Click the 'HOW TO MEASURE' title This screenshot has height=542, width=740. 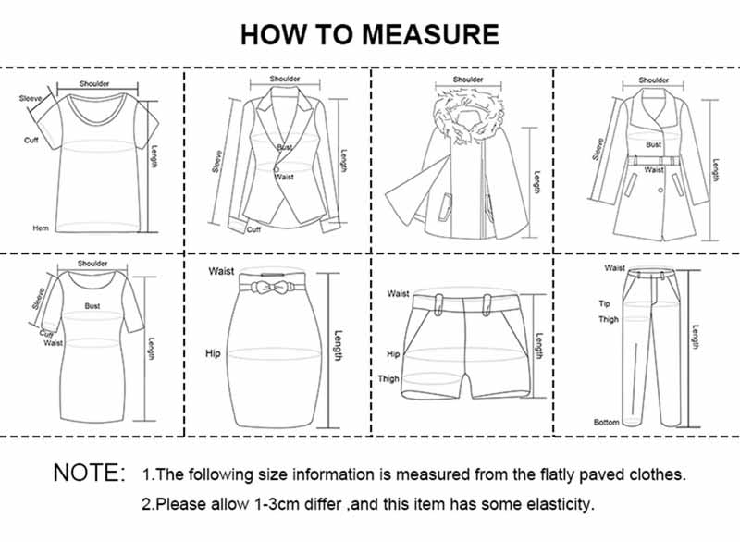pos(369,34)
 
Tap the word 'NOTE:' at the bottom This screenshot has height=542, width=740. pos(89,474)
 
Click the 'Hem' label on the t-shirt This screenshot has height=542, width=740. pos(41,228)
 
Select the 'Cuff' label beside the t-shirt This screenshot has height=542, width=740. pos(31,140)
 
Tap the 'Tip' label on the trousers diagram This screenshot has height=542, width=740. pos(606,302)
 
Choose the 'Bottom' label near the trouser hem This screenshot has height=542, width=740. pos(606,422)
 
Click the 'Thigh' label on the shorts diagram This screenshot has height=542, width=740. pos(388,379)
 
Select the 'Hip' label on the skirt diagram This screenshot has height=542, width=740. pos(213,353)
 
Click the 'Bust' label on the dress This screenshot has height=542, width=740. pos(92,304)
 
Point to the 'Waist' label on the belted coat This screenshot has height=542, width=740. pos(654,170)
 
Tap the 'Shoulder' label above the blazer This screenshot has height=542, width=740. pos(285,80)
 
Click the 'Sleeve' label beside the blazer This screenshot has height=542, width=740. pos(217,161)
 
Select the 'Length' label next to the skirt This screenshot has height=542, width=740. pos(339,346)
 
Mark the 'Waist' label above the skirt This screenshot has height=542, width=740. pos(221,271)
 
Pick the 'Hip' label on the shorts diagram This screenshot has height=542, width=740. pos(392,354)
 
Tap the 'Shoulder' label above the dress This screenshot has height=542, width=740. pos(92,264)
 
